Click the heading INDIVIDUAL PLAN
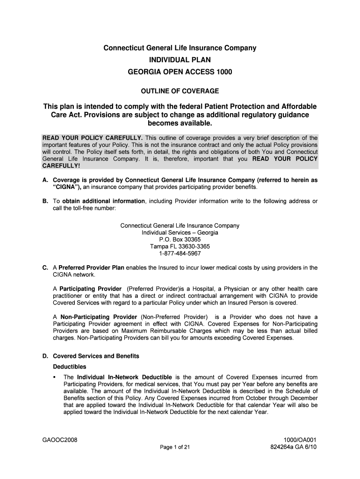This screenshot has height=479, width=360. click(x=180, y=60)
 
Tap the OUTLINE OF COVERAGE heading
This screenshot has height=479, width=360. click(x=180, y=90)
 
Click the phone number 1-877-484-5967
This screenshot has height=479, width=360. click(x=180, y=254)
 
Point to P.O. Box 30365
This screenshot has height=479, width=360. click(x=180, y=239)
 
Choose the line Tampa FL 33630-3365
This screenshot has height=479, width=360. click(x=180, y=247)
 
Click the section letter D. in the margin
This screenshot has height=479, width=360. click(x=45, y=356)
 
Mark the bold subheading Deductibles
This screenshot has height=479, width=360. click(x=70, y=367)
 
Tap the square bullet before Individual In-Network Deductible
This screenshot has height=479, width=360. click(x=55, y=377)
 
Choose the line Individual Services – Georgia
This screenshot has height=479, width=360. click(x=180, y=232)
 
